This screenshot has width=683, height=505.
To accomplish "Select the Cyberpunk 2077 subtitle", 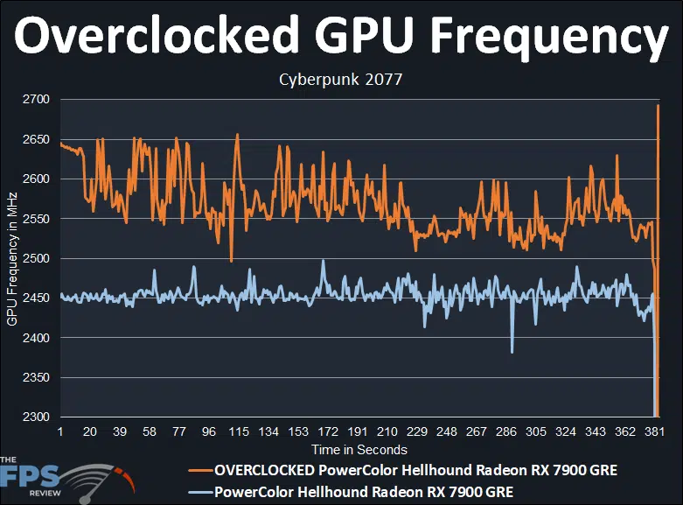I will coord(341,80).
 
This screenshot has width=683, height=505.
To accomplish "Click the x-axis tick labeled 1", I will coord(59,432).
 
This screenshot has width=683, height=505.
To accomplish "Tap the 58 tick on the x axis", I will coord(149,432).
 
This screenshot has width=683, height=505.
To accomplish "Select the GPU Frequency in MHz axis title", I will coord(12,258).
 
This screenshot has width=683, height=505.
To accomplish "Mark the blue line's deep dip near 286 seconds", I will coord(512,351).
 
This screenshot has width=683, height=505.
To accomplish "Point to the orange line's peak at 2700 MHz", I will coord(658,106).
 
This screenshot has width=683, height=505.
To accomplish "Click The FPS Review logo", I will coord(61,476).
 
